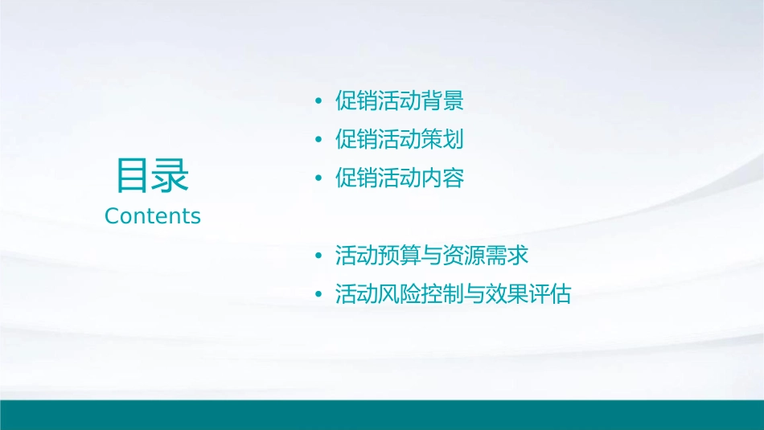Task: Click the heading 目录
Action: coord(153,176)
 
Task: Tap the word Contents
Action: coord(153,216)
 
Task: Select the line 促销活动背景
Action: coord(400,101)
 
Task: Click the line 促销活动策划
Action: coord(400,140)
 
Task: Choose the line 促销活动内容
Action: coord(400,178)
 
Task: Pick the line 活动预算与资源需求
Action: coord(432,256)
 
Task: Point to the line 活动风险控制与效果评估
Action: coord(453,295)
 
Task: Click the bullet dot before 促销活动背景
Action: coord(318,102)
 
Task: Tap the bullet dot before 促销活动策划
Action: coord(318,141)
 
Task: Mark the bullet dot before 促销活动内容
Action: coord(318,179)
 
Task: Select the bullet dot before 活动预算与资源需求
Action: coord(318,257)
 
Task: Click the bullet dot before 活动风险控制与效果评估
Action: coord(318,296)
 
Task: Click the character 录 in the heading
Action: coord(171,176)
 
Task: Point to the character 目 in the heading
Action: coord(133,176)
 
